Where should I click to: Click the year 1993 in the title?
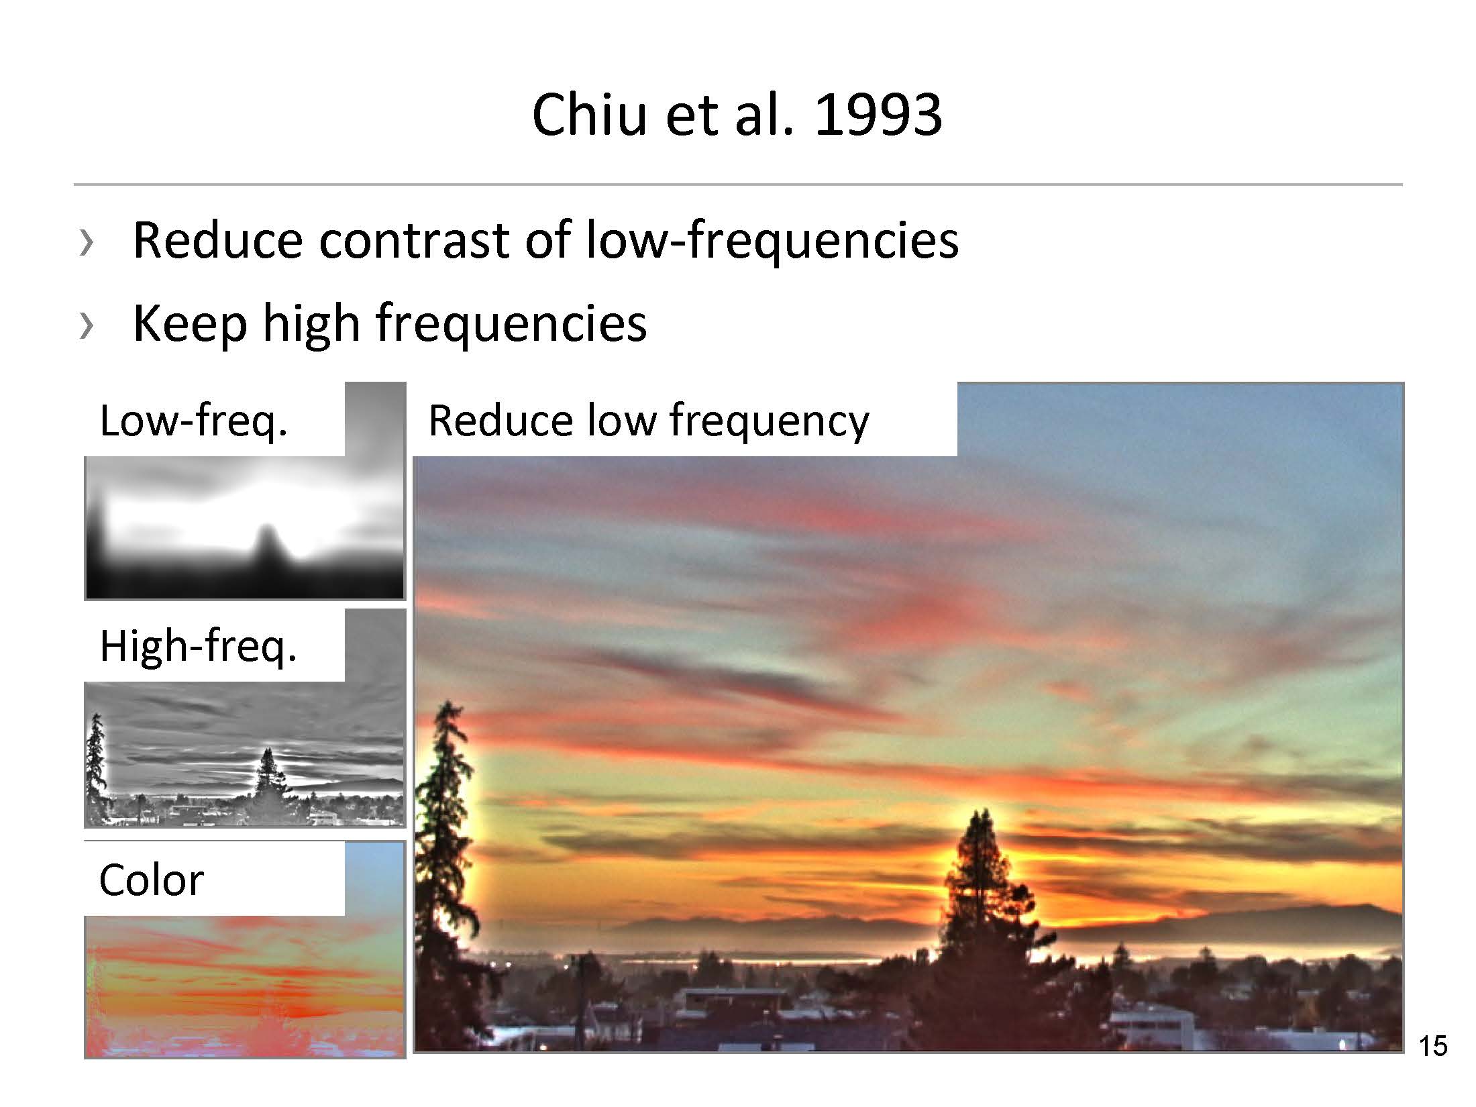point(878,115)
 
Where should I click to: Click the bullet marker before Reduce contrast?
point(86,242)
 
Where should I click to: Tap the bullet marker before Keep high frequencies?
point(86,325)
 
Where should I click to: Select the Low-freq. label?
point(194,421)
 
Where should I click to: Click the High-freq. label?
point(199,646)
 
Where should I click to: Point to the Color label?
point(151,880)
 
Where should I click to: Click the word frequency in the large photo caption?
point(769,421)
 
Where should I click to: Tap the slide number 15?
point(1433,1047)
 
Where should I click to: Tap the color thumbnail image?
point(245,950)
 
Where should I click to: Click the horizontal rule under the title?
point(738,184)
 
